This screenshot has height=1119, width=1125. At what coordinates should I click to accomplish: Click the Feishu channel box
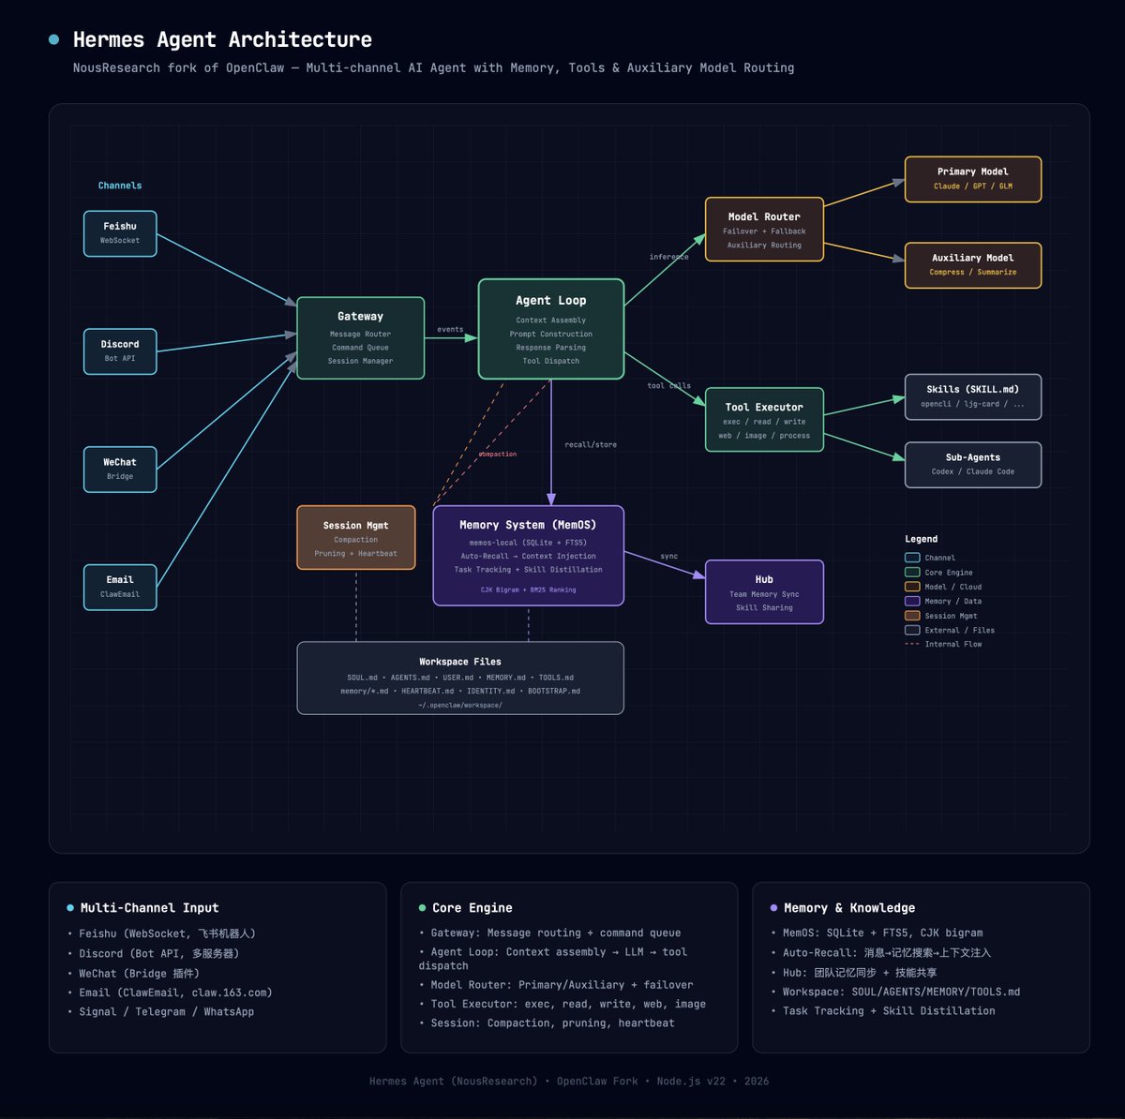point(120,233)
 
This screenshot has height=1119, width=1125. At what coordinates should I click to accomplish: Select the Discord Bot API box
point(120,351)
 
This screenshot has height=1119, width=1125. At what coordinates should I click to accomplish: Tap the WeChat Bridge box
point(120,470)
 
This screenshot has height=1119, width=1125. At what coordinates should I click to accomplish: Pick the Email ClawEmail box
point(120,587)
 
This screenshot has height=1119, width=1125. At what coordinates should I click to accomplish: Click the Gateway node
point(360,338)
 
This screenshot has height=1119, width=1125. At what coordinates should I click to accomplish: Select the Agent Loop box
point(551,329)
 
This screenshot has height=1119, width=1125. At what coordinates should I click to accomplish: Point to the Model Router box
point(764,230)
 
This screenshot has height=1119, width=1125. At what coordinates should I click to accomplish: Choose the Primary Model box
point(972,179)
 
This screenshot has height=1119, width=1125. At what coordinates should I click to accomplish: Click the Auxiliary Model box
point(972,265)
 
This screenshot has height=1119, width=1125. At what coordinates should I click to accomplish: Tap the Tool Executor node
point(764,420)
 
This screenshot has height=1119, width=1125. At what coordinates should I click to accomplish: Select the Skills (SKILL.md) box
point(972,396)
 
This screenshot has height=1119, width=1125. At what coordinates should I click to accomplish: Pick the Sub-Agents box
point(972,465)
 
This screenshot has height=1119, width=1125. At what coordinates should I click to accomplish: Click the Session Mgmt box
point(356,538)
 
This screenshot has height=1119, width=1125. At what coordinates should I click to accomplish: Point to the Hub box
point(764,592)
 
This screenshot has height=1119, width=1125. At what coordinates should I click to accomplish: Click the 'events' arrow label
point(450,330)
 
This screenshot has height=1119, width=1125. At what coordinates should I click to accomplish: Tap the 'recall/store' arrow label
point(591,445)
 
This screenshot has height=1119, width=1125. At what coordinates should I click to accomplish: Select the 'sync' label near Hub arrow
point(668,557)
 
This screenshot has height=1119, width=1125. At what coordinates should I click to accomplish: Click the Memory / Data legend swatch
point(912,601)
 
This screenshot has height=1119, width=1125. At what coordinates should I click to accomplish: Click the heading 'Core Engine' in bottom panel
point(472,908)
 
